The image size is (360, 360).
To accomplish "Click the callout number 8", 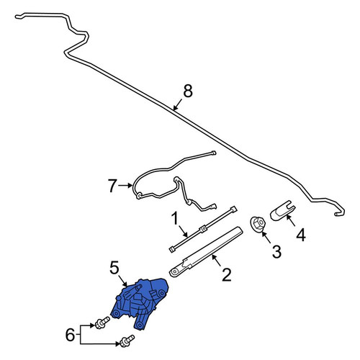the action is pos(188,91).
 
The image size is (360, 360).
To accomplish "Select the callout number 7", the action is pos(112,185).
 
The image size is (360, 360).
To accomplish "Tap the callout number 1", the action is pos(175,218).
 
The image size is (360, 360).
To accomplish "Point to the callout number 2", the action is pos(227,275).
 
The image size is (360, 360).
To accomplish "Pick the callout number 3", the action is pos(276,252).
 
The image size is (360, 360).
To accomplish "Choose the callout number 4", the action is pos(301,235).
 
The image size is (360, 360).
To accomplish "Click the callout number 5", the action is pos(114,268).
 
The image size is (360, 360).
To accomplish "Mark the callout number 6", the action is pos(70,335).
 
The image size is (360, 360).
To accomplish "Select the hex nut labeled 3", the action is pos(258,223).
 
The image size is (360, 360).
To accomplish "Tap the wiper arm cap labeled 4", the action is pos(283,211).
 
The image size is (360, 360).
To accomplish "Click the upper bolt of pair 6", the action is pos(102,323).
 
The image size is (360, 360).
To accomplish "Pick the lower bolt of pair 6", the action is pos(127,341).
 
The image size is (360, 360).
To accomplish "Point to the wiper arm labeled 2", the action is pos(206,251).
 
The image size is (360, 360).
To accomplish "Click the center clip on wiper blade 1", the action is pos(203,228).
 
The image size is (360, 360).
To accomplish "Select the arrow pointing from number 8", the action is pos(178,105).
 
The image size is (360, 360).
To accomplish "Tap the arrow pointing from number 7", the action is pos(125,185).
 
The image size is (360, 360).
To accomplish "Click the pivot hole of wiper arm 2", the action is pos(174,271).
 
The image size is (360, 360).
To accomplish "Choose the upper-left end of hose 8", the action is pos(18,17).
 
